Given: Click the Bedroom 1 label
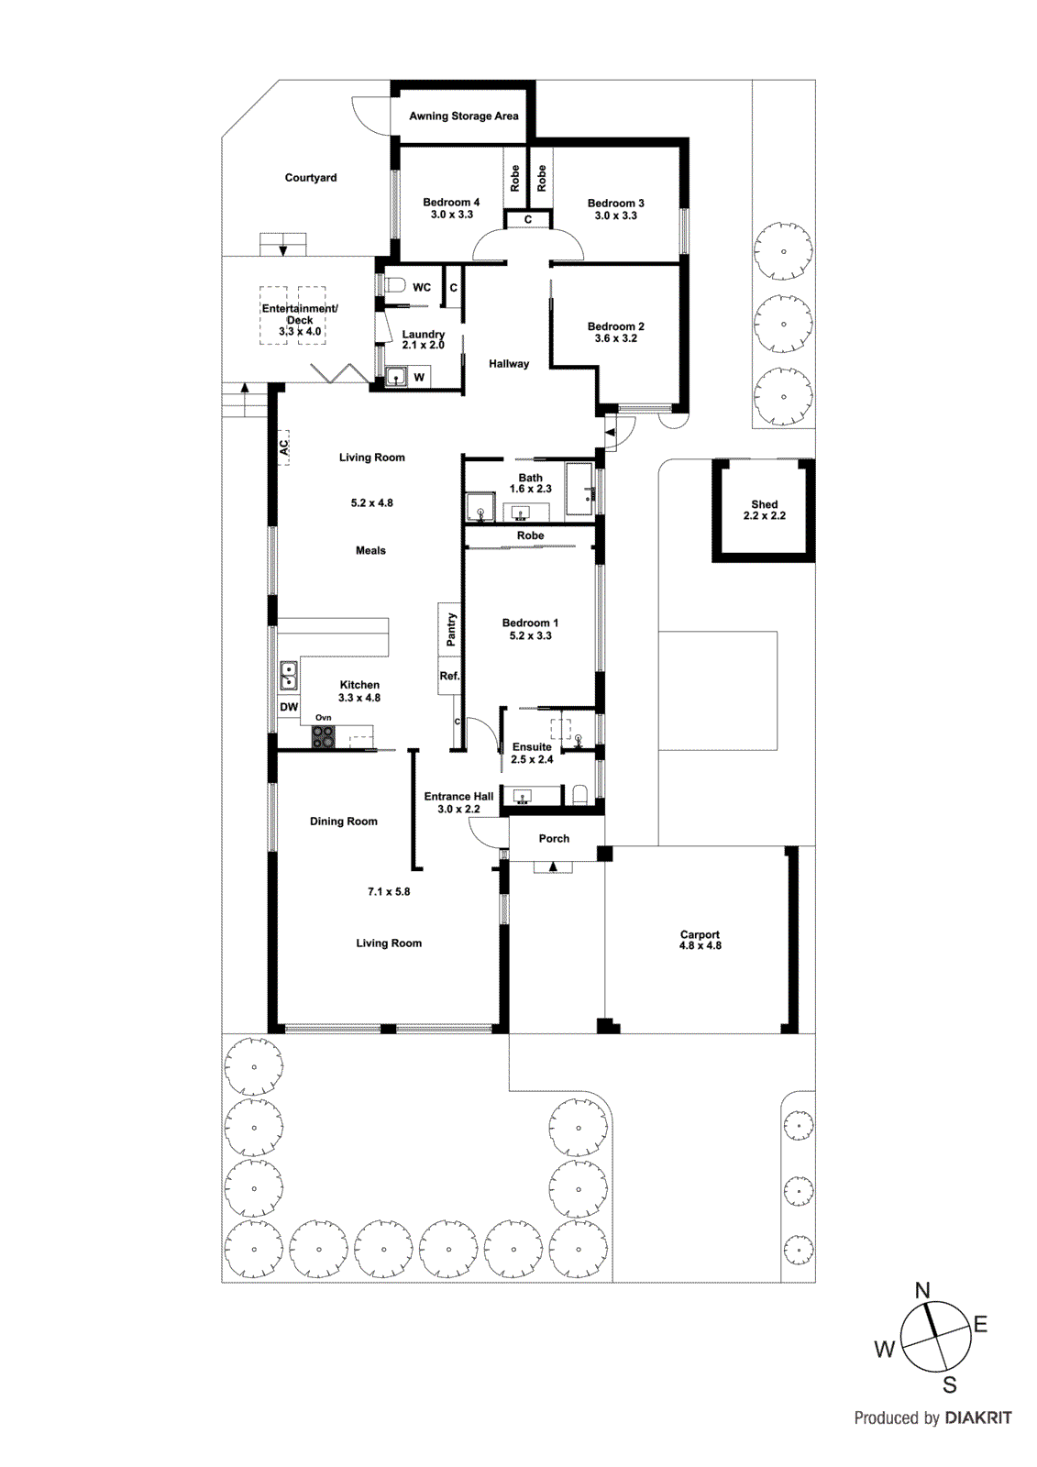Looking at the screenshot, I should pos(530,623).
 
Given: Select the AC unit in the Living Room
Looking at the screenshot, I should pos(284,447).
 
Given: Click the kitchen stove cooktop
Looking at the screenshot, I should pos(323,735).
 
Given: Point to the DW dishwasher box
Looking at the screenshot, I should pos(289,707).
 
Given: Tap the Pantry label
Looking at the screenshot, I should pos(450,630).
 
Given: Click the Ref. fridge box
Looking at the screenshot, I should pos(449,677).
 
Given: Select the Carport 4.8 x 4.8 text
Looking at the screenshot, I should pos(700,941).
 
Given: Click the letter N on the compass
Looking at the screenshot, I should pos(922,1290).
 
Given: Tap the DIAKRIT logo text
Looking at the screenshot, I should pos(977,1417).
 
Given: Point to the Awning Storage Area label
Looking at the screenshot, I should pos(463,116).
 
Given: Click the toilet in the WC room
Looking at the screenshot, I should pos(394,285).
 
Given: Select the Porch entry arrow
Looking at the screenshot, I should pos(552,866).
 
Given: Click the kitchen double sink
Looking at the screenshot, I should pos(288,676).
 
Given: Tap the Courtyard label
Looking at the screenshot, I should pos(310,178).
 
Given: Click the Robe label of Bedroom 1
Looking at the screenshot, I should pos(530,535).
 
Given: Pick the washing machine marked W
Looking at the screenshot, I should pos(418,377).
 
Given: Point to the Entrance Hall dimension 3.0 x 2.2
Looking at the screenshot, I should pos(458,810).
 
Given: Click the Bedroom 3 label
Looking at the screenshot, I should pos(615,204).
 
